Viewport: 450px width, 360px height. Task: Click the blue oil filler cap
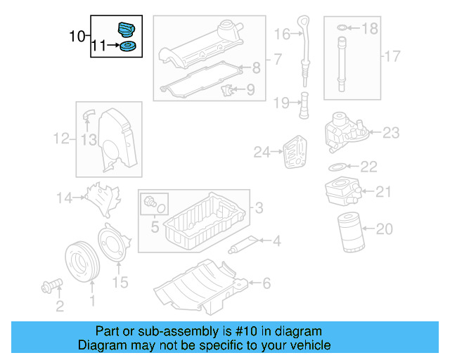click(127, 31)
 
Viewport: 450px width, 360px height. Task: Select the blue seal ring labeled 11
click(127, 48)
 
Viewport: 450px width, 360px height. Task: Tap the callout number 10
click(77, 35)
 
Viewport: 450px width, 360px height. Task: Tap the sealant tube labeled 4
click(241, 245)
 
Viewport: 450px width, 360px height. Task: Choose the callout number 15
click(120, 283)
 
